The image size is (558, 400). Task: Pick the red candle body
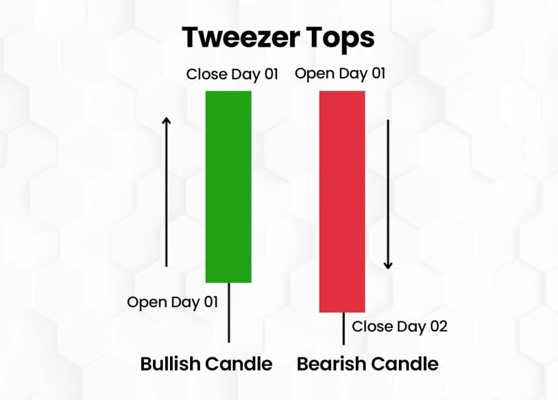coord(342,201)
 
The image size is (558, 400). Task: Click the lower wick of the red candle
coord(344,329)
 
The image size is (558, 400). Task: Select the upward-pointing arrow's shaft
coord(167,196)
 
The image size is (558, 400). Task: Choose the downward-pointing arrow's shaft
coord(388,191)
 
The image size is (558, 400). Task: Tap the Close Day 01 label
coord(232,74)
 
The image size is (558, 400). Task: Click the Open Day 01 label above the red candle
coord(340,74)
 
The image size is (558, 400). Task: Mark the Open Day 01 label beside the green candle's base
coord(172,302)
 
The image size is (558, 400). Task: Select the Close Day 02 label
coord(399,326)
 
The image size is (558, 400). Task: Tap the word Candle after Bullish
coord(241,363)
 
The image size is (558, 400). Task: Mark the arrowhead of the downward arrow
coord(388,265)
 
